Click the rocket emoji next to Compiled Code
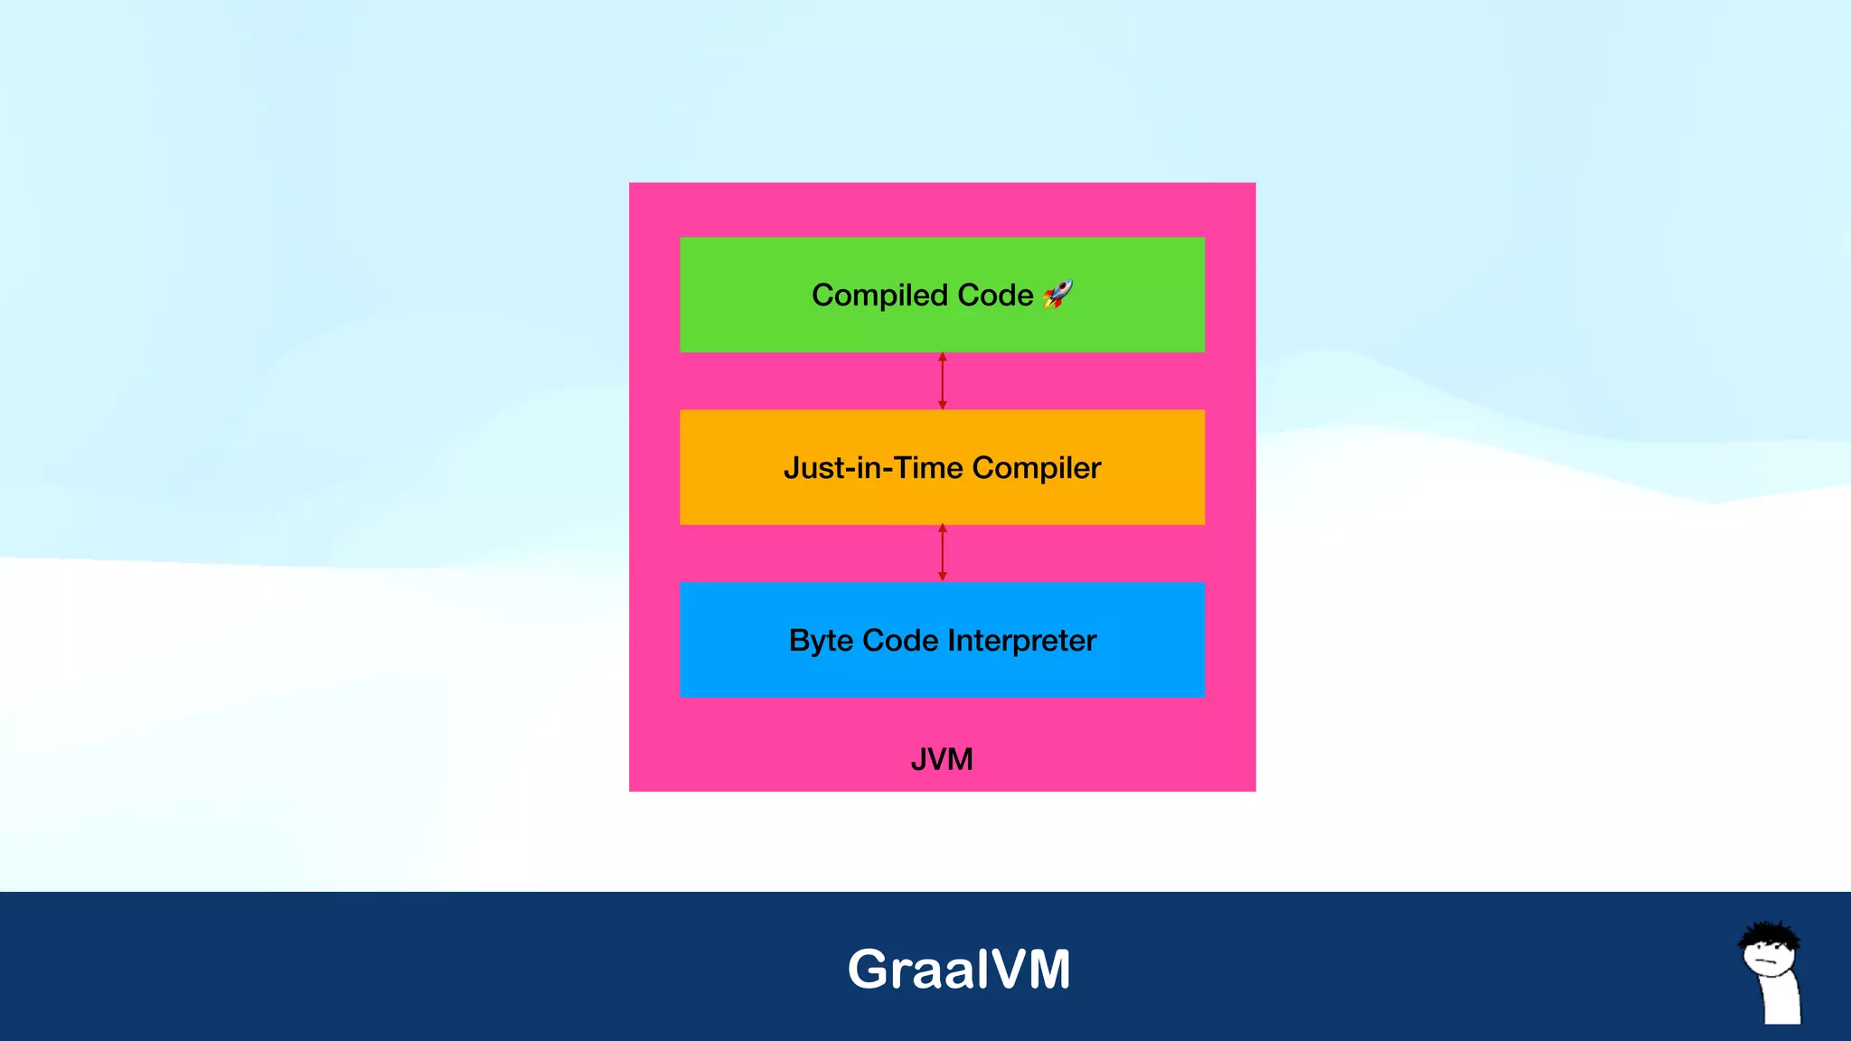click(x=1057, y=294)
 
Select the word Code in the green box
click(x=994, y=295)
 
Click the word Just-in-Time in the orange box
click(x=873, y=468)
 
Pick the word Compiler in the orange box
click(x=1037, y=468)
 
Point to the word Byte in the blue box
click(x=821, y=641)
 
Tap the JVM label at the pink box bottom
click(x=942, y=759)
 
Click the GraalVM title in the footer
click(x=959, y=970)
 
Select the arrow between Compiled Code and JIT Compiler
click(x=943, y=381)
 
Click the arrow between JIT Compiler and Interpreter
click(x=943, y=553)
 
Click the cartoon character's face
click(x=1770, y=958)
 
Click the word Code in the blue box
click(x=900, y=641)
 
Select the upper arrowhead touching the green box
click(x=943, y=357)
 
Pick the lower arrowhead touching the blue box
click(x=943, y=577)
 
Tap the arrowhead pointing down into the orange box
click(x=943, y=405)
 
